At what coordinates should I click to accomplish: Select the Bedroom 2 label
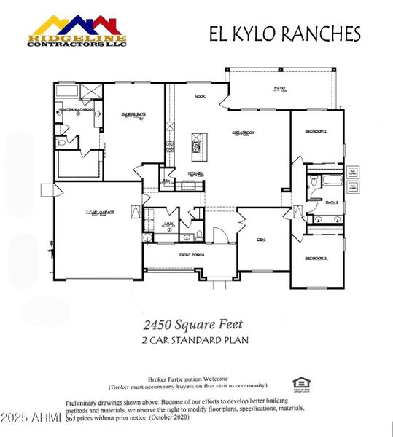point(316,131)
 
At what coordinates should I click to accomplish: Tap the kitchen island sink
point(195,148)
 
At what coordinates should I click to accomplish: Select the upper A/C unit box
point(352,173)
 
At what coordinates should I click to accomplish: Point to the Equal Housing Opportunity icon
point(299,383)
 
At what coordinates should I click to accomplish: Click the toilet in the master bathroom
point(61,143)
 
